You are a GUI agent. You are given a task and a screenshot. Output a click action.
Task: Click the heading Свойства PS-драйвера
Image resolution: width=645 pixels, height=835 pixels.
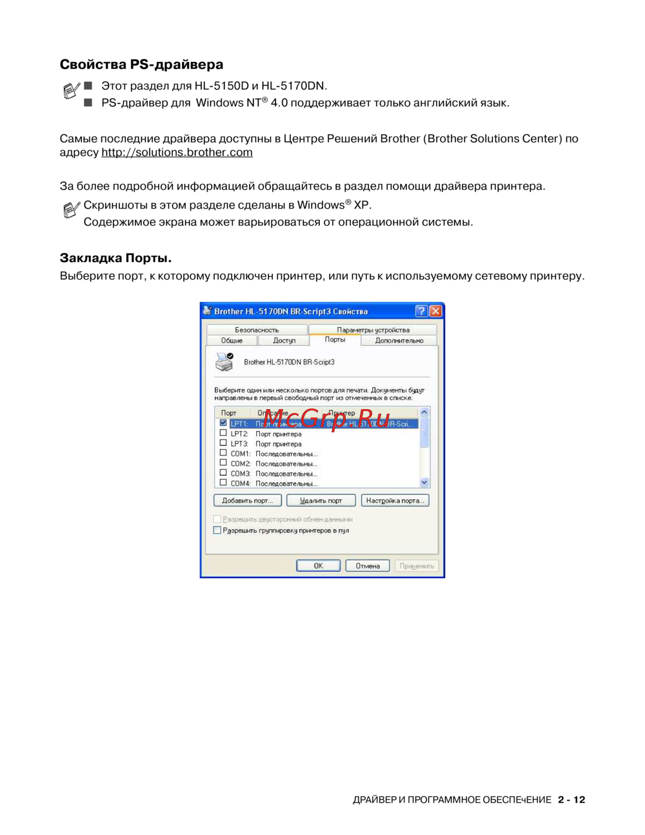coord(141,65)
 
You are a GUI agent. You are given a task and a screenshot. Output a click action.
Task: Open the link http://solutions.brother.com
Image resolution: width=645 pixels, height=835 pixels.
coord(177,152)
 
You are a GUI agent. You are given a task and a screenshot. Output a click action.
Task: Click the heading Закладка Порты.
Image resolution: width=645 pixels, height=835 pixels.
coord(115,258)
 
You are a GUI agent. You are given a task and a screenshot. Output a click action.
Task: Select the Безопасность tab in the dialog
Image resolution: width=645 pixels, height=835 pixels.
coord(257,330)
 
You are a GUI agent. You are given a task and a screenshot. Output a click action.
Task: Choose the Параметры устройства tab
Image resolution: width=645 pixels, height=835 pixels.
coord(373,330)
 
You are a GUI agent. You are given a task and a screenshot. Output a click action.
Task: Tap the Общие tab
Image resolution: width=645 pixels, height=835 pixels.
coord(232,340)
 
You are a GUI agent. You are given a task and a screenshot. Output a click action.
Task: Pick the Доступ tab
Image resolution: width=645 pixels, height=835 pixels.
coord(284,340)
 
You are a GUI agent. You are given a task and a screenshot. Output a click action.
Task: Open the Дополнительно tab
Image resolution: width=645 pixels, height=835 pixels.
coord(399,340)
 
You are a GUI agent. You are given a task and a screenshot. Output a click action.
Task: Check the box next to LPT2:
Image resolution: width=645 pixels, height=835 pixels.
coord(223,433)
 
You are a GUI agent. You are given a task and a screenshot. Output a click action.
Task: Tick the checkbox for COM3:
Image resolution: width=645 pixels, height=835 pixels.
coord(223,472)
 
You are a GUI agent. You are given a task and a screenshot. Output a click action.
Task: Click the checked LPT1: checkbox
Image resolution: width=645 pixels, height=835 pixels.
coord(223,423)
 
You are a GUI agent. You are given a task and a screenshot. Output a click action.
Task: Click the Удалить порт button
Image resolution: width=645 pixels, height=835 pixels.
coord(321,501)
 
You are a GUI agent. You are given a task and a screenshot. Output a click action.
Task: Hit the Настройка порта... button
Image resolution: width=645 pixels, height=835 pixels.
coord(395,501)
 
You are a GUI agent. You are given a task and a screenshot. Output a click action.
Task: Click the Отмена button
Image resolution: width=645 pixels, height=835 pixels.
coord(368,566)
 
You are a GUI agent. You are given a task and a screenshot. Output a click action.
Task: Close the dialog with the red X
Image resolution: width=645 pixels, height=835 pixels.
coord(436,311)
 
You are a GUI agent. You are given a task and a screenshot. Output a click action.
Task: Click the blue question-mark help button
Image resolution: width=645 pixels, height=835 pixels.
coord(421,311)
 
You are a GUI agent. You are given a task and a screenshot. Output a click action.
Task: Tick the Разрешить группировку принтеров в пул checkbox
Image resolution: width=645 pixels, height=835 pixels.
coord(217,530)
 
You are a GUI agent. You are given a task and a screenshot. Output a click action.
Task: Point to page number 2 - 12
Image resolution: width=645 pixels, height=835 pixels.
coord(571,800)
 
